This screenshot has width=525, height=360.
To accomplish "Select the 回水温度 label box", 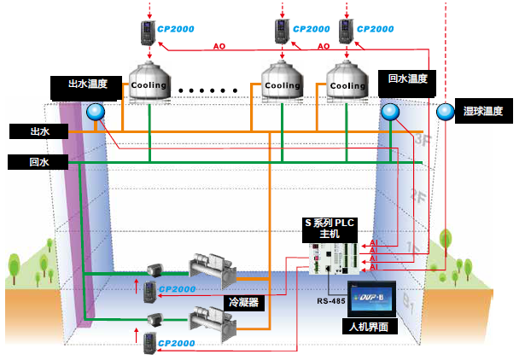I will click(406, 78).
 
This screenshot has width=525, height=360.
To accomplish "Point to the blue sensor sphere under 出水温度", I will click(94, 110).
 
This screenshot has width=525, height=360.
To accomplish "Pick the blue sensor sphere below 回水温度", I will click(390, 112).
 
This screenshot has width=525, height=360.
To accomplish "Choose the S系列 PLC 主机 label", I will click(330, 228).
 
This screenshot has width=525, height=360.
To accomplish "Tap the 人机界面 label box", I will click(370, 325).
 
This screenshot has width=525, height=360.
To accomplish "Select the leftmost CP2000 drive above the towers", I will click(150, 32).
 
